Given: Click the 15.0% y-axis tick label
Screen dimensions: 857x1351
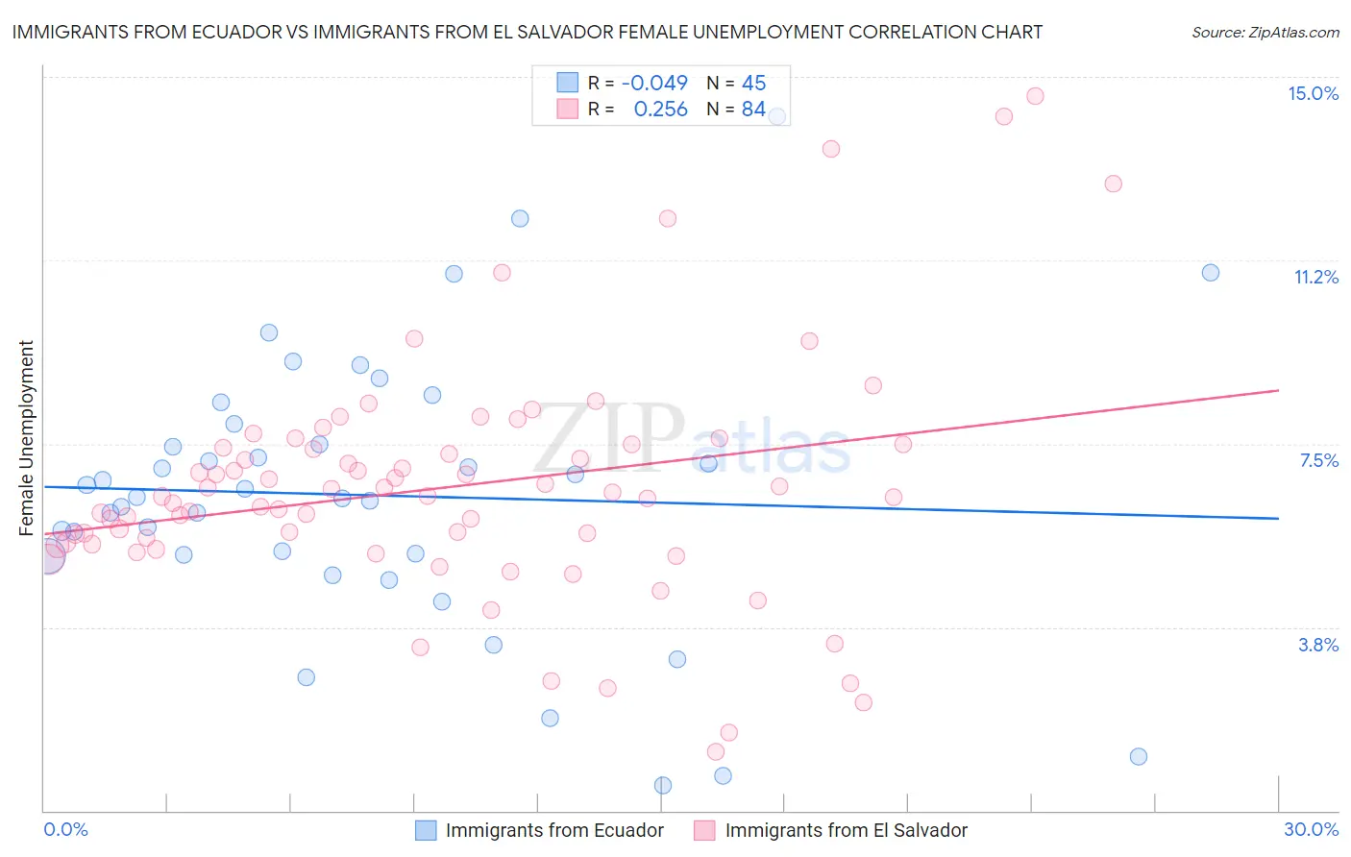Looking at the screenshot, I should click(x=1313, y=93).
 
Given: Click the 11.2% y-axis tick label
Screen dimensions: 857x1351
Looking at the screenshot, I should click(x=1315, y=277).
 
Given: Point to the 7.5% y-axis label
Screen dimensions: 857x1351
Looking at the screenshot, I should click(x=1318, y=460).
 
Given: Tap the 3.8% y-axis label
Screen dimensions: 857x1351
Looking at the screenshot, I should click(x=1318, y=645).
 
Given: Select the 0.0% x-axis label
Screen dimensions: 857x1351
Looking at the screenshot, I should click(x=65, y=829).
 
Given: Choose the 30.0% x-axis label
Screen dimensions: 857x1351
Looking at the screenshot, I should click(x=1311, y=829).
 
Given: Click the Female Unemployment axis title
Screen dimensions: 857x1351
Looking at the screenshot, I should click(x=26, y=437).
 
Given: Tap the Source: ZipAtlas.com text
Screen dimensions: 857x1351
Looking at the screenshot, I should click(x=1265, y=32).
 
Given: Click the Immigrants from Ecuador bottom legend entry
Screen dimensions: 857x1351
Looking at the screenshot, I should click(x=540, y=830).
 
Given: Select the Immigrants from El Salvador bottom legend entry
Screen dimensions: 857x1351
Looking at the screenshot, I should click(x=831, y=830).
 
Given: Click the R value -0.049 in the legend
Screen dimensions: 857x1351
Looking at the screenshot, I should click(x=654, y=83).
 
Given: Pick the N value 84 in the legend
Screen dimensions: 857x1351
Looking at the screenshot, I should click(x=753, y=110).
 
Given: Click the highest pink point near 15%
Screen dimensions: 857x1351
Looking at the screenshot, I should click(x=1035, y=96).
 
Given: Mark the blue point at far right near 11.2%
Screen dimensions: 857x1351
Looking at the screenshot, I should click(x=1211, y=273).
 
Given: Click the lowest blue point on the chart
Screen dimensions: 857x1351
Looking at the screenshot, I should click(x=663, y=785).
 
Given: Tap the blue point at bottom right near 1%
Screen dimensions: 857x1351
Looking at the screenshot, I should click(x=1139, y=756).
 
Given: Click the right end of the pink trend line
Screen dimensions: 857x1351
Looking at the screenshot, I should click(x=1278, y=390).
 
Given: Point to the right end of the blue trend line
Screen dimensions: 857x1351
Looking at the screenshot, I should click(x=1278, y=518).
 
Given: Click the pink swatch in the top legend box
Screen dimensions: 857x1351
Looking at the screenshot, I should click(x=568, y=110).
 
